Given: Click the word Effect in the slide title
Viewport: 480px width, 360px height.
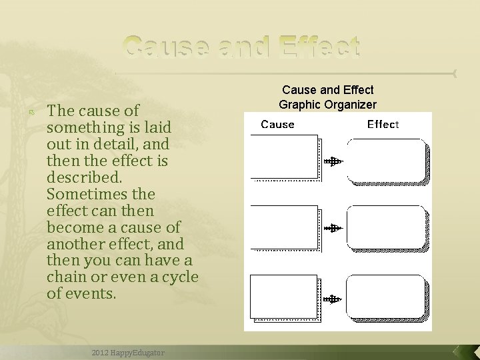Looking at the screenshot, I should click(319, 47).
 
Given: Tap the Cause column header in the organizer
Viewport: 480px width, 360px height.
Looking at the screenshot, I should click(277, 124).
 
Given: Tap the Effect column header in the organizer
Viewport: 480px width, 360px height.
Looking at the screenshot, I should click(383, 124).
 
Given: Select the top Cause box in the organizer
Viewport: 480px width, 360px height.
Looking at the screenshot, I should click(284, 157).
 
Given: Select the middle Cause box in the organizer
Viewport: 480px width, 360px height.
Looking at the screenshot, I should click(284, 227).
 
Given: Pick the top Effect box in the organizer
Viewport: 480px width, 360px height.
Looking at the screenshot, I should click(385, 160).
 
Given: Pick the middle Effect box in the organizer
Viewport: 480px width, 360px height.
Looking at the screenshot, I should click(385, 227).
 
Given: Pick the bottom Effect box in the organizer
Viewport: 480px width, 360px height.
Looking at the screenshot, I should click(385, 296).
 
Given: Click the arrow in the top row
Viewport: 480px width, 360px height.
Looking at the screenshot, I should click(333, 161).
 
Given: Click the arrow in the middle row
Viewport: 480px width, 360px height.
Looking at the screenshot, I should click(333, 228).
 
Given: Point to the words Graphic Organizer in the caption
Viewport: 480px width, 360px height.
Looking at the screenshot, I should click(327, 104).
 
